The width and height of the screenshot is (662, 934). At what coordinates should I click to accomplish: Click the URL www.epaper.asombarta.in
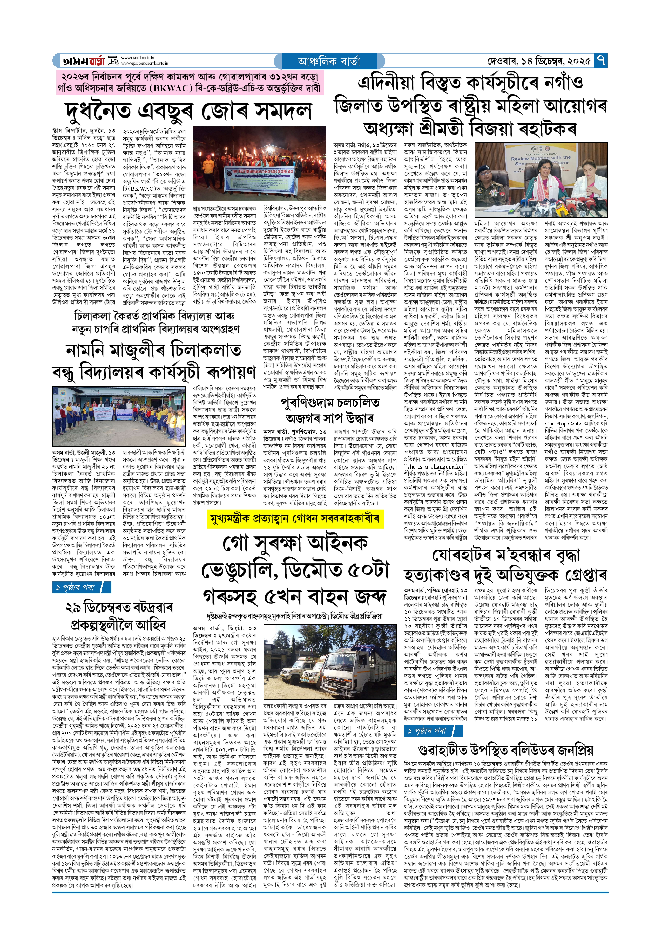[145, 64]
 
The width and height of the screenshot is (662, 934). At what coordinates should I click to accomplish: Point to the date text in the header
[539, 61]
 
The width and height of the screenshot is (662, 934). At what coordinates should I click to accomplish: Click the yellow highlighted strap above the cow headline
[295, 519]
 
